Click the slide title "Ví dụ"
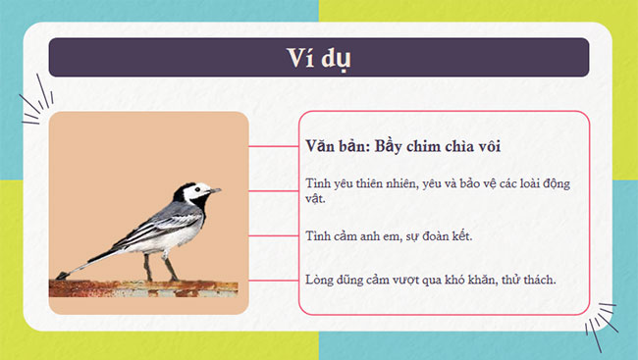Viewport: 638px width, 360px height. pos(318,58)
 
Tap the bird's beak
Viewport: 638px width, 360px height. pos(216,189)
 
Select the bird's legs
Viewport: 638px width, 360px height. pos(157,267)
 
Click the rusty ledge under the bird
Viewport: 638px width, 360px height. pos(147,286)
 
